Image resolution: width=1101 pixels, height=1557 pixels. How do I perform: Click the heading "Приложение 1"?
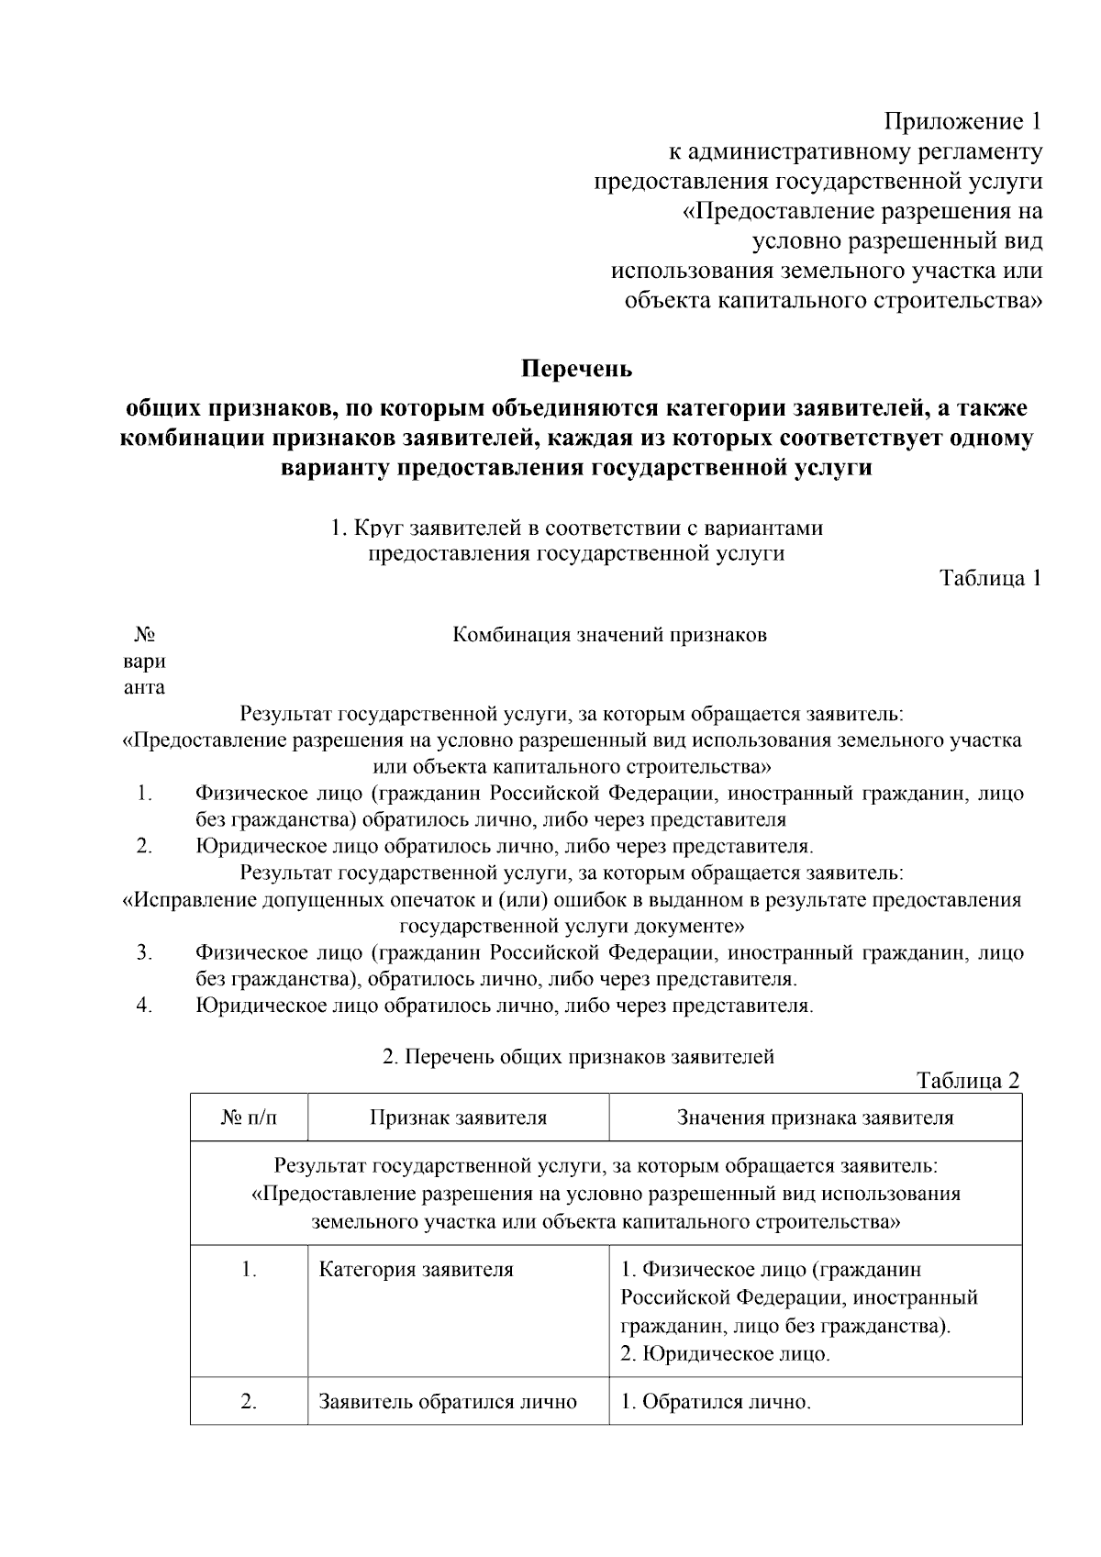coord(962,121)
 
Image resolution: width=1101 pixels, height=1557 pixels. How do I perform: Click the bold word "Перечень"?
coord(577,369)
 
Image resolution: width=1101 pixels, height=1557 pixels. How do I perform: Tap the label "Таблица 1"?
coord(990,578)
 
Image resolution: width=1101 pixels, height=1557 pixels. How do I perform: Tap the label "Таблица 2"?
coord(968,1080)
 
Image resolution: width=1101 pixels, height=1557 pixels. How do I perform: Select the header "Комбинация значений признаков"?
coord(610,635)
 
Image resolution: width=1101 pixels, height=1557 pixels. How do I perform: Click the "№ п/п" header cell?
coord(249,1118)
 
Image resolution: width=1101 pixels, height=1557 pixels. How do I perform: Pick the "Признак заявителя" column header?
coord(458,1118)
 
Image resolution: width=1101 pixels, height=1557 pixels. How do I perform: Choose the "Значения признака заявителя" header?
coord(815,1118)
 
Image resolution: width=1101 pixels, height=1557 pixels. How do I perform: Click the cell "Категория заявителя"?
coord(416,1270)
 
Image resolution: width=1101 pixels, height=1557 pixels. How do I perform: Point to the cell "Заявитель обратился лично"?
coord(447,1402)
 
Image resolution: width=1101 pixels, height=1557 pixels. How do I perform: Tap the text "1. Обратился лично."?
coord(716,1402)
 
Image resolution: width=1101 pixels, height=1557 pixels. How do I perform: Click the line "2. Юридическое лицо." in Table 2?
coord(725,1353)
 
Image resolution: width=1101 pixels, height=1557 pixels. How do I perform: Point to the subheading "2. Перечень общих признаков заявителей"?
coord(578,1056)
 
